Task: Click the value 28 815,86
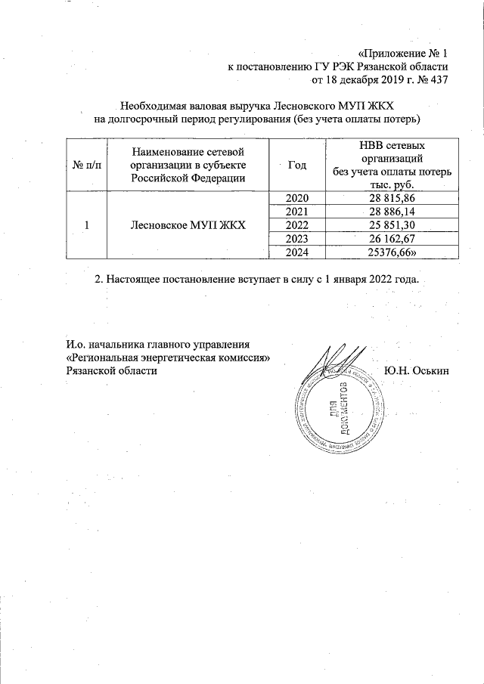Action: point(392,198)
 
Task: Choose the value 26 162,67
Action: point(392,240)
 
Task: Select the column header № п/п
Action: point(86,166)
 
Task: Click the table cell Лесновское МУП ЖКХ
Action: point(188,225)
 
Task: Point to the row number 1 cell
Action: point(86,225)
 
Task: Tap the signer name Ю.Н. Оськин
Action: point(417,370)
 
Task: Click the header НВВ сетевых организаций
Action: point(392,151)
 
